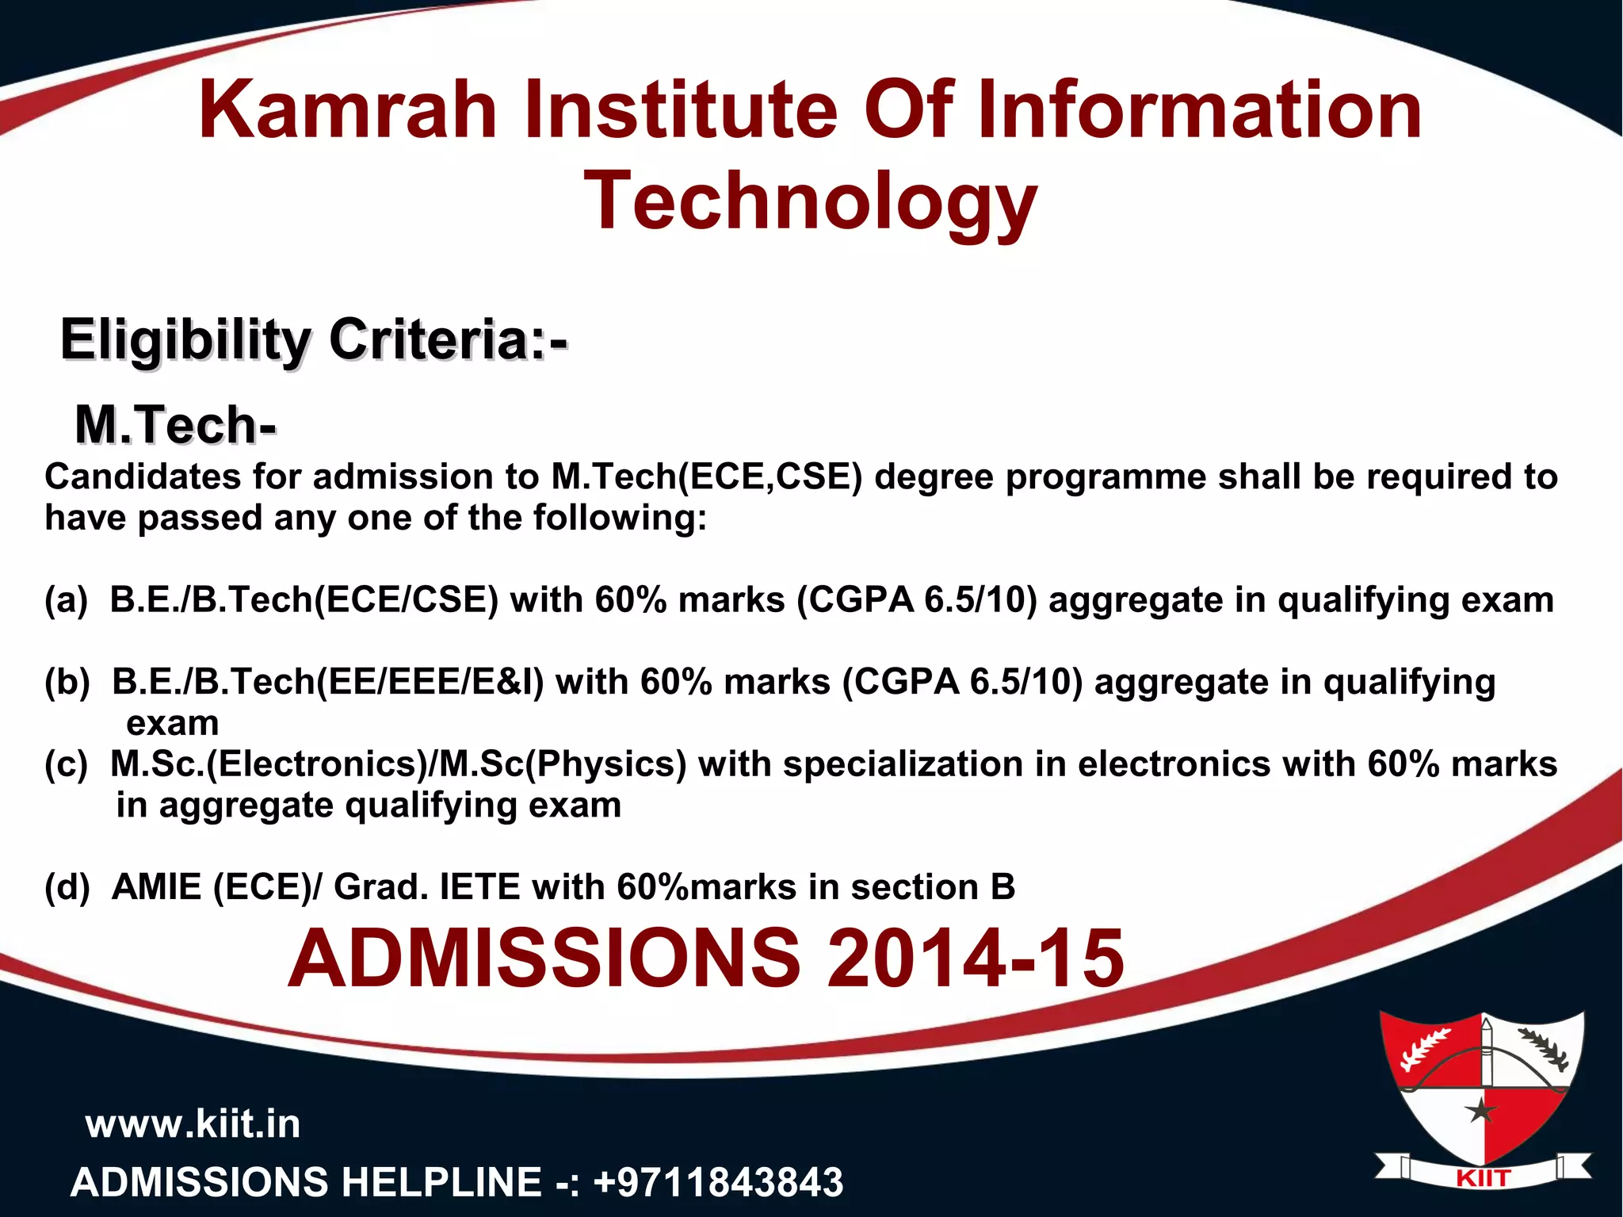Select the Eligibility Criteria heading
click(x=314, y=341)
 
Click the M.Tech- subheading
click(x=175, y=425)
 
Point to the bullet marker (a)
click(x=66, y=600)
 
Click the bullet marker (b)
click(x=67, y=682)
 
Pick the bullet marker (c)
click(x=66, y=764)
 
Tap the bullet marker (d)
click(x=67, y=886)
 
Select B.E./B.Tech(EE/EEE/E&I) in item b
click(x=328, y=682)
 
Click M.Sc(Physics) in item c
click(x=563, y=764)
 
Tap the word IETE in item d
click(x=479, y=886)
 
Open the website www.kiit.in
click(x=193, y=1124)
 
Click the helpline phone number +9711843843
click(x=718, y=1182)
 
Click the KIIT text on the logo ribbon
click(x=1483, y=1179)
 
